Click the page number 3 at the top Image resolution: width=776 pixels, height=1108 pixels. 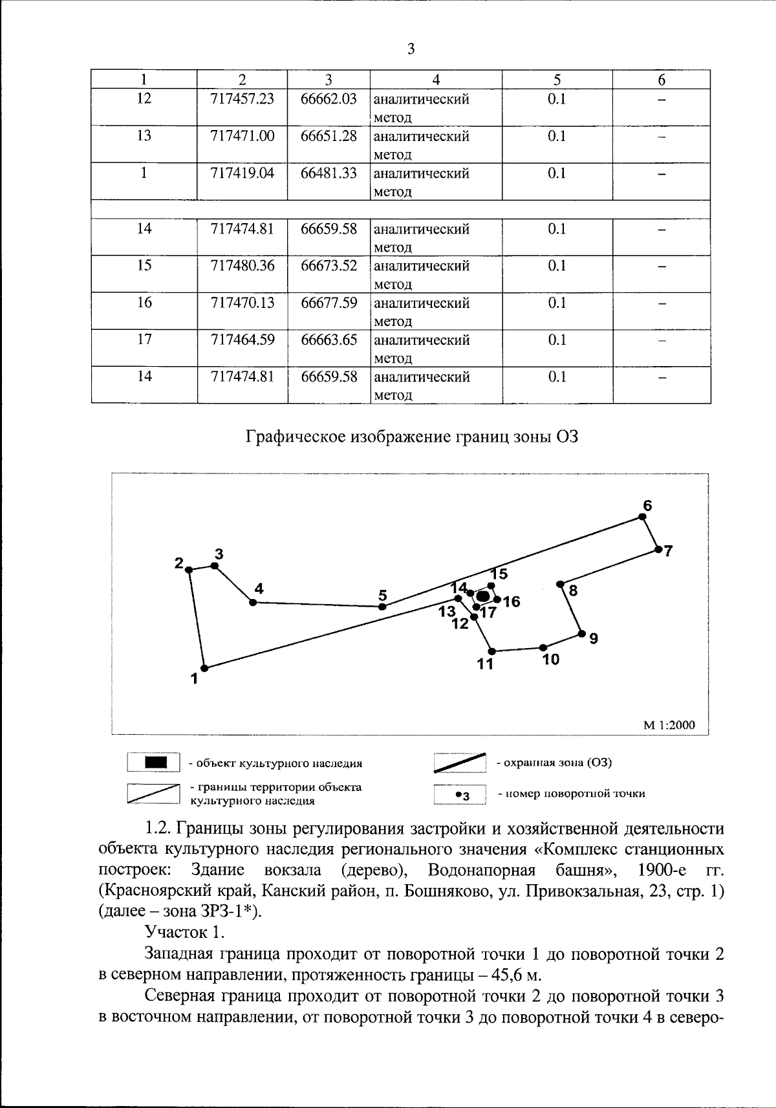[411, 49]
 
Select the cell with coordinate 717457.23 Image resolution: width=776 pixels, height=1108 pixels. [242, 99]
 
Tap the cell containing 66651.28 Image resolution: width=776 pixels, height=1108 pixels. [329, 136]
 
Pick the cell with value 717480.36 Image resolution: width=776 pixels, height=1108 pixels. [242, 266]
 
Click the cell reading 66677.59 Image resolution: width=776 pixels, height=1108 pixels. [329, 303]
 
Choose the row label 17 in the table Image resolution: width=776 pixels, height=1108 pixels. [144, 340]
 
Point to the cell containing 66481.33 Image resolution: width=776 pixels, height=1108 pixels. [329, 173]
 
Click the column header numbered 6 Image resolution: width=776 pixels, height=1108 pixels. [661, 80]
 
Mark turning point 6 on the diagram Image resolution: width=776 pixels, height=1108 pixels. [642, 516]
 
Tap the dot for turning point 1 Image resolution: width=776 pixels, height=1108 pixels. [204, 668]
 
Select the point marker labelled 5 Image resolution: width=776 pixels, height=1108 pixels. [382, 607]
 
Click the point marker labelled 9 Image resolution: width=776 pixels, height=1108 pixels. [581, 633]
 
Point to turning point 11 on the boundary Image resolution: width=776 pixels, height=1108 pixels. [491, 651]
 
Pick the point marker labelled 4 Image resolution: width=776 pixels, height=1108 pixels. [253, 602]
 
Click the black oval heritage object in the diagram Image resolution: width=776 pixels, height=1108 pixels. [482, 596]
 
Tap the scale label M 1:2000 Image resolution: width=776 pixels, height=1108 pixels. [669, 725]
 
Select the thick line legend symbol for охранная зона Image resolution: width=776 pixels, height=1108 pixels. [460, 763]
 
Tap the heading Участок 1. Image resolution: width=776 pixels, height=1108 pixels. [185, 932]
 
